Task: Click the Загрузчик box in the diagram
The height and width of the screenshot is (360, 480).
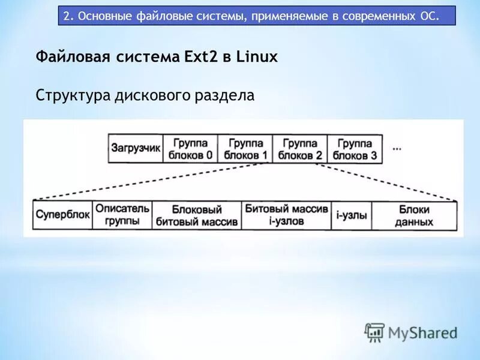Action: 136,149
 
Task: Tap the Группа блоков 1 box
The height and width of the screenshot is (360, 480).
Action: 245,149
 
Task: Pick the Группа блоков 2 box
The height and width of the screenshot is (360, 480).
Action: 301,149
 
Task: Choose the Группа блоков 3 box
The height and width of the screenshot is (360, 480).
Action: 355,149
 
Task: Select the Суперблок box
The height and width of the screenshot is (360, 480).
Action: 62,215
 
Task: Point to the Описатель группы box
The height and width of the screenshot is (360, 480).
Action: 122,215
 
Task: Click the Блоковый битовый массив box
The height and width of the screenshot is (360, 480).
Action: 197,215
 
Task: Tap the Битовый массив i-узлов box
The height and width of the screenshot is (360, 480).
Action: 286,215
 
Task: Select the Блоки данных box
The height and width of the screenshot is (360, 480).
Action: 414,215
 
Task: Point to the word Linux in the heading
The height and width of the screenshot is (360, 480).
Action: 257,57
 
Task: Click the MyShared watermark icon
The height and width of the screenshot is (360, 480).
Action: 374,332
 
